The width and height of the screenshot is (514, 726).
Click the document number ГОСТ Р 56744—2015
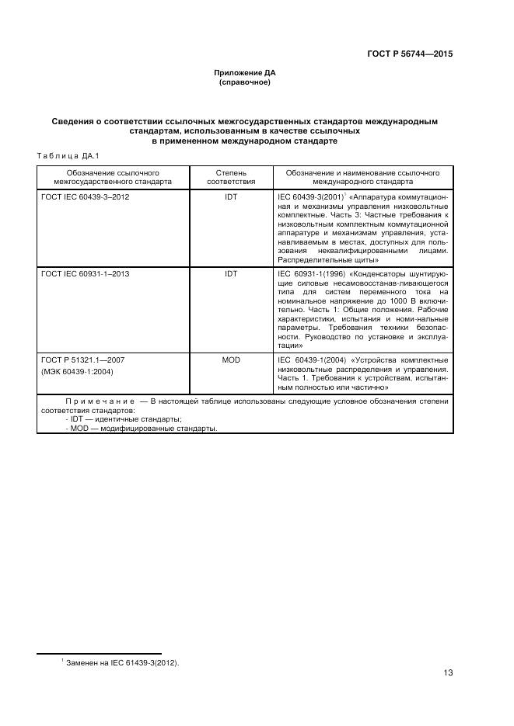(409, 54)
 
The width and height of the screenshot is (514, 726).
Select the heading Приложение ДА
(244, 72)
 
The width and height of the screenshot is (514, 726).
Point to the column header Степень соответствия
(231, 177)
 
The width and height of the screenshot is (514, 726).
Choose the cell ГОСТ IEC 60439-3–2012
(86, 197)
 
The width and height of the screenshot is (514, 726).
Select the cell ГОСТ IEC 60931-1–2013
(86, 274)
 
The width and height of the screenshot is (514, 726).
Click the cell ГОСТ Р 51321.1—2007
(82, 360)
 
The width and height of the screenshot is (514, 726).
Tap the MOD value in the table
(231, 360)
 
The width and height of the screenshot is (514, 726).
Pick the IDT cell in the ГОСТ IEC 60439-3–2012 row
(231, 197)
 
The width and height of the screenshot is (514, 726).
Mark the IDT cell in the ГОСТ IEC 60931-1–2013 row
(231, 274)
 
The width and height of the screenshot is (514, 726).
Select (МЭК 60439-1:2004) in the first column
(78, 371)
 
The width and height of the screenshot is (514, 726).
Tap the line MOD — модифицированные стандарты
(142, 429)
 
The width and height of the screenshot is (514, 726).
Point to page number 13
(448, 673)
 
